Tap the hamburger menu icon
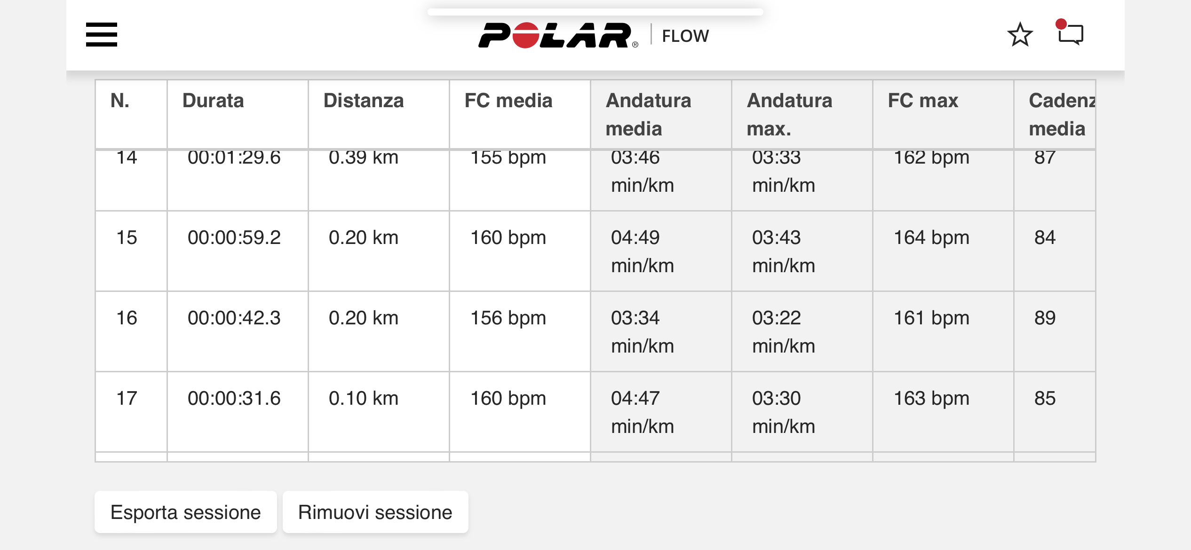click(102, 34)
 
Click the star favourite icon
click(1020, 35)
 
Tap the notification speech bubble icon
click(1070, 32)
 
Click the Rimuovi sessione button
click(375, 512)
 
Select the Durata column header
click(213, 101)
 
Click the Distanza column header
click(364, 101)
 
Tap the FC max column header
click(923, 101)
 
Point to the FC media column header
click(508, 101)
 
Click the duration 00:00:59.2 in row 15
click(234, 237)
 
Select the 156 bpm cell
click(508, 318)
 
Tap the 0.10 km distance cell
click(364, 398)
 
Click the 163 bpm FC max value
click(931, 399)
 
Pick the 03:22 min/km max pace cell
click(784, 332)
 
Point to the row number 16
click(127, 318)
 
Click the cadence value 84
click(1045, 237)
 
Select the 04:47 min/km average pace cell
click(643, 412)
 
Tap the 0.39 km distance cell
click(364, 157)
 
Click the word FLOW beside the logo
click(685, 36)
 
